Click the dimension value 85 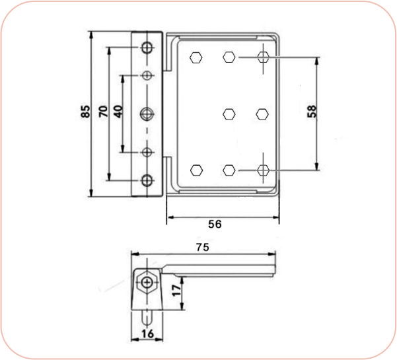pos(85,113)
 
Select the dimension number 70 pos(103,112)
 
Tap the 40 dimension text pos(118,112)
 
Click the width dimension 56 pos(215,224)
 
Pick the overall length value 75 pos(203,247)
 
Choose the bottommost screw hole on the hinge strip pos(147,180)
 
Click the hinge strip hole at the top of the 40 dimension pos(147,75)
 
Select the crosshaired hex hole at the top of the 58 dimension pos(263,57)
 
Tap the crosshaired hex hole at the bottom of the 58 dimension pos(263,170)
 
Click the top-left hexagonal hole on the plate pos(196,57)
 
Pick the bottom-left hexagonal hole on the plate pos(196,170)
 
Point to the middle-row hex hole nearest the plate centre pos(229,114)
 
